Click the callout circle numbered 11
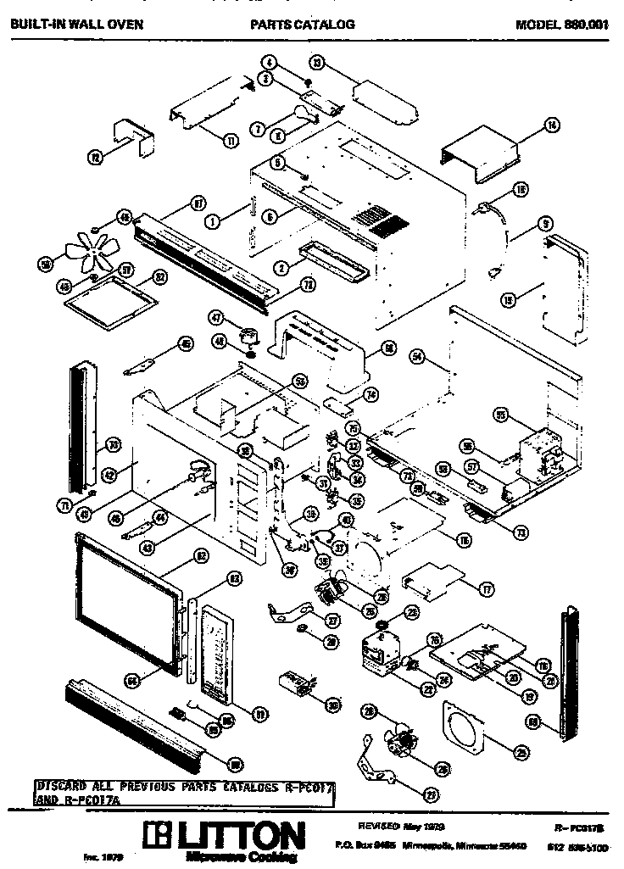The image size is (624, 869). tap(230, 142)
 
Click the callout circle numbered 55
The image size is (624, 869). tap(501, 415)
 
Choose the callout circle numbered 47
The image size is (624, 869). tap(217, 317)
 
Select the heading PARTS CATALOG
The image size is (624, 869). tap(303, 25)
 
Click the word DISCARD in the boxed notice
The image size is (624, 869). tap(60, 787)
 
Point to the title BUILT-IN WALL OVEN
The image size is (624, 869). tap(76, 25)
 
